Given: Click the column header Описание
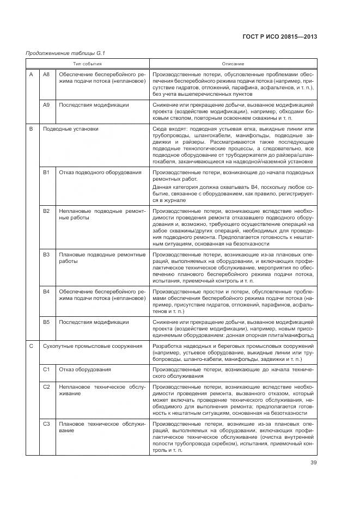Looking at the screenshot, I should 233,64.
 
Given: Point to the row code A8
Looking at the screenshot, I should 46,74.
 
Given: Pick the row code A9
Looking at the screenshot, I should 46,105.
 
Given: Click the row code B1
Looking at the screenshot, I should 46,172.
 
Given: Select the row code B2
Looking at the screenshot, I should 46,210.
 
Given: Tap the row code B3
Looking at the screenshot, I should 46,254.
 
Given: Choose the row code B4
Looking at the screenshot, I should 46,292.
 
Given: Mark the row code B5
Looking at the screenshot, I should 46,322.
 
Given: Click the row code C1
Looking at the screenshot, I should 46,369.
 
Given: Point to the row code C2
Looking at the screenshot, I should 46,386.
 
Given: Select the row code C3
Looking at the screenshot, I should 46,424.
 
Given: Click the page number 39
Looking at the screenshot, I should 314,463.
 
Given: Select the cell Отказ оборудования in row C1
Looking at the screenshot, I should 85,369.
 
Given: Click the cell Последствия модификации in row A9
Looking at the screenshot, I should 94,105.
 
